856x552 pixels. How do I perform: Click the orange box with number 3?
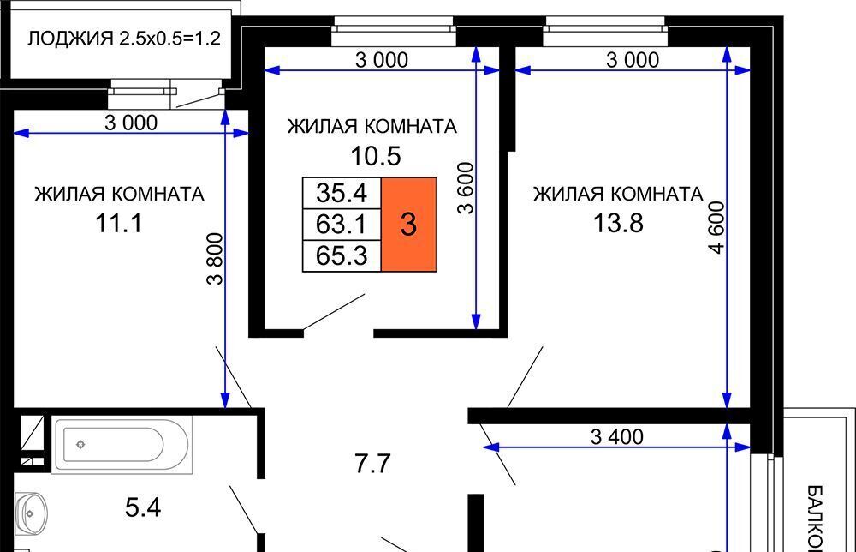(408, 224)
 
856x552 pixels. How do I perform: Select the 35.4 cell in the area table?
(342, 193)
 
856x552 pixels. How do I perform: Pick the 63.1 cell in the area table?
(342, 224)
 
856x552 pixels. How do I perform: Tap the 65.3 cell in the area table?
(342, 255)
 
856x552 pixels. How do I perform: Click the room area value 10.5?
(376, 156)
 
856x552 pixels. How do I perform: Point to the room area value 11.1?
(118, 223)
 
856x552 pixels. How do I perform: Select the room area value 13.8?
(618, 223)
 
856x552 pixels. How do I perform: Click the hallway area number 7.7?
(372, 464)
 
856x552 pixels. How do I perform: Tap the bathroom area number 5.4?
(142, 507)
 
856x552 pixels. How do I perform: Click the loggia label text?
(124, 39)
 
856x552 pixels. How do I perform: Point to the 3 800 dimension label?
(216, 259)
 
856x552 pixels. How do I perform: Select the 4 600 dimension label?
(716, 227)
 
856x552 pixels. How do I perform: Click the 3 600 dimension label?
(466, 188)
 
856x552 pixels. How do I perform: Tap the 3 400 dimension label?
(617, 436)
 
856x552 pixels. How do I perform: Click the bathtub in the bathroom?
(122, 444)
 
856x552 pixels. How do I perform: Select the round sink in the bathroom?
(31, 513)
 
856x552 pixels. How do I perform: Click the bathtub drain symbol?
(80, 444)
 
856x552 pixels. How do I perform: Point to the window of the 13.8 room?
(605, 31)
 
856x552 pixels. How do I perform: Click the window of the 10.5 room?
(393, 31)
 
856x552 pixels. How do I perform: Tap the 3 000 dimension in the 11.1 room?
(131, 123)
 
